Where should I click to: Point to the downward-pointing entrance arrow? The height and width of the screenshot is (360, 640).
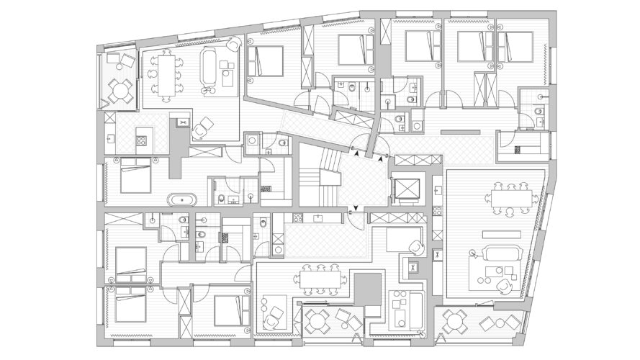(x=350, y=210)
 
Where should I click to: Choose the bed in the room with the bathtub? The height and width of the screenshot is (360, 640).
(x=134, y=177)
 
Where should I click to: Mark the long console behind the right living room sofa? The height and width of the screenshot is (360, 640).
(x=502, y=235)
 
